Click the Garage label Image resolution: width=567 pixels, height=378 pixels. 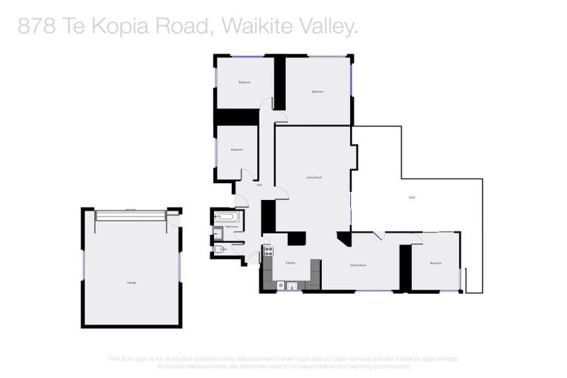point(131,283)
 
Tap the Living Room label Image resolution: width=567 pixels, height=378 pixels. point(314,177)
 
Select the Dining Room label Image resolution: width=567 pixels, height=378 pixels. point(359,264)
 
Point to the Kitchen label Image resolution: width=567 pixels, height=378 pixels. point(290,262)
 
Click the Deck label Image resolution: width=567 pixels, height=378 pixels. point(411,196)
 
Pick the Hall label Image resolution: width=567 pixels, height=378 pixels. point(259,185)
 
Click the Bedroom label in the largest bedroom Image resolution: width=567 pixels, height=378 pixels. point(317,91)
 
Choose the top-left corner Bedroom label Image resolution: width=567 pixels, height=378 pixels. point(244,82)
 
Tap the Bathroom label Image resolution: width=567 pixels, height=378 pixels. point(231,227)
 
